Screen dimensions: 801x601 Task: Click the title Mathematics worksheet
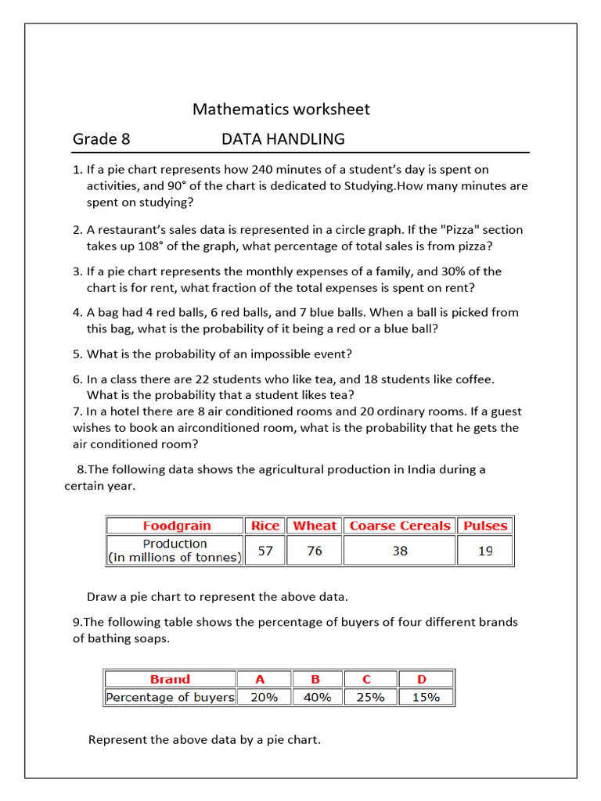(x=281, y=110)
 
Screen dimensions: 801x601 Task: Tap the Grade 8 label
(x=102, y=139)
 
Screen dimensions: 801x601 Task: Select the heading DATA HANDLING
(x=283, y=139)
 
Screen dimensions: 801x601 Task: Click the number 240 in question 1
(x=283, y=169)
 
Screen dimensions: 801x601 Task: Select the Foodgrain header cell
(x=177, y=526)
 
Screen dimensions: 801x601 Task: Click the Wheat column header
(x=315, y=526)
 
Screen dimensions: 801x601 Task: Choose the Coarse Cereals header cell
(x=400, y=526)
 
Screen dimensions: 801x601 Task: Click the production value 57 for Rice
(x=265, y=551)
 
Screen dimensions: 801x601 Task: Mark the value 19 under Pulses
(x=485, y=551)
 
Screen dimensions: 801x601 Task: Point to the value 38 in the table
(x=400, y=551)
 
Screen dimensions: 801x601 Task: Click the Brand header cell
(x=170, y=679)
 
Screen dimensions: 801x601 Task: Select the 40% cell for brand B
(x=316, y=697)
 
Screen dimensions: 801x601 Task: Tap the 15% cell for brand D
(x=426, y=697)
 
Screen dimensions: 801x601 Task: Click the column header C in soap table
(x=367, y=679)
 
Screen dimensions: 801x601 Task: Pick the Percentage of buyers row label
(x=170, y=697)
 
